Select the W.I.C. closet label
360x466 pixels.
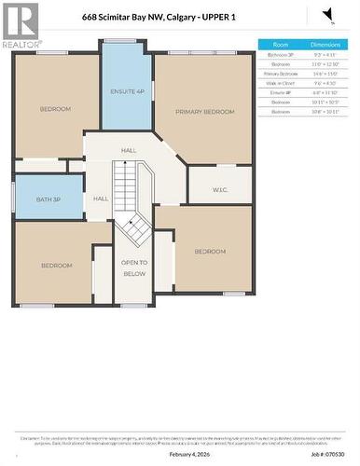click(220, 190)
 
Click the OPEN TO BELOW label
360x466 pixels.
click(134, 268)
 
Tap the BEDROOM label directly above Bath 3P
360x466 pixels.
click(55, 109)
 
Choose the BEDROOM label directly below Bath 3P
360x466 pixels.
click(56, 266)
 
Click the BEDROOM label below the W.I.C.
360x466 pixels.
click(210, 252)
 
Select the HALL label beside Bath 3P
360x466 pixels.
click(101, 199)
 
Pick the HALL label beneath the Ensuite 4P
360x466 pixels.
click(129, 150)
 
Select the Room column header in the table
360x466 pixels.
click(281, 45)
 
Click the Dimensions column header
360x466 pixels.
click(325, 45)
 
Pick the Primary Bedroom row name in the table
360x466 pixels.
click(281, 72)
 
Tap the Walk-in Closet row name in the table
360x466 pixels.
click(281, 81)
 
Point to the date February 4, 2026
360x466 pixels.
click(188, 454)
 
